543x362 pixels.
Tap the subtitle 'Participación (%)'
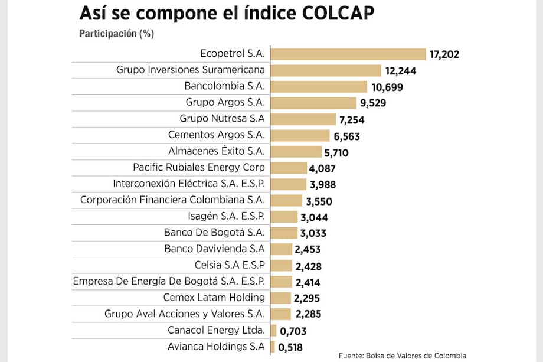(116, 34)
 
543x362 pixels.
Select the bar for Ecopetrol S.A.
(348, 54)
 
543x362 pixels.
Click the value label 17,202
(444, 54)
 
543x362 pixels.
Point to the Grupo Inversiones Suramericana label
(191, 70)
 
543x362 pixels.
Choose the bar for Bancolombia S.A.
(319, 87)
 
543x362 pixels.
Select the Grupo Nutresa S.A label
(223, 119)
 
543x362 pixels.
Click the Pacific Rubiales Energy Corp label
(199, 167)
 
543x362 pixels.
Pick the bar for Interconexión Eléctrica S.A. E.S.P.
(288, 184)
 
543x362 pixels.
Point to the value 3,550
(319, 201)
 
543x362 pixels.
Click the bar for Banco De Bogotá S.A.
(284, 232)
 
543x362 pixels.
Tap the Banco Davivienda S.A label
(215, 248)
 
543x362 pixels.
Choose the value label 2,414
(307, 282)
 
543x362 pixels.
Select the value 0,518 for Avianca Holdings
(292, 347)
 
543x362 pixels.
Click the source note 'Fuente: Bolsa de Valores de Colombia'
(402, 356)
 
